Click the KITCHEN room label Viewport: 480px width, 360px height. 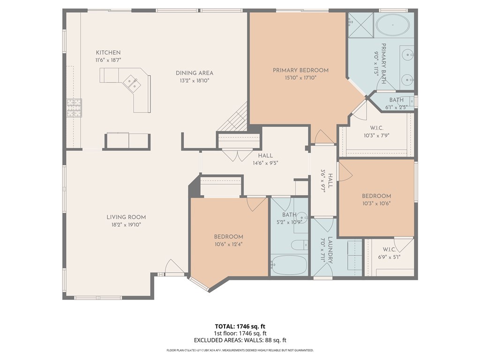pos(108,52)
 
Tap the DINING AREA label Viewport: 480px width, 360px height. pos(195,73)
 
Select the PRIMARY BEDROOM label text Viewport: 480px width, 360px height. pos(300,70)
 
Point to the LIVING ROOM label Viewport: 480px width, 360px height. pos(126,217)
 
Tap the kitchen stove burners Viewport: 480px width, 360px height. pos(75,108)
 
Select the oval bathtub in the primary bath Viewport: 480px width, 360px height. pos(393,25)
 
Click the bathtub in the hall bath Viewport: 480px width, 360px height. pos(289,265)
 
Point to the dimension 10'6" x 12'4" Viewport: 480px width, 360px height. pos(228,244)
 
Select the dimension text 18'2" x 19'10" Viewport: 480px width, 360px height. pos(126,225)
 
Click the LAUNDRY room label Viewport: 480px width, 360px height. pos(330,250)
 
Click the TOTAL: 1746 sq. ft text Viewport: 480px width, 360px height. pos(240,326)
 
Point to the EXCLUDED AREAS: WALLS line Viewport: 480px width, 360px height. pos(240,340)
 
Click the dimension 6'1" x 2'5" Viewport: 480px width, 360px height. pos(396,107)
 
